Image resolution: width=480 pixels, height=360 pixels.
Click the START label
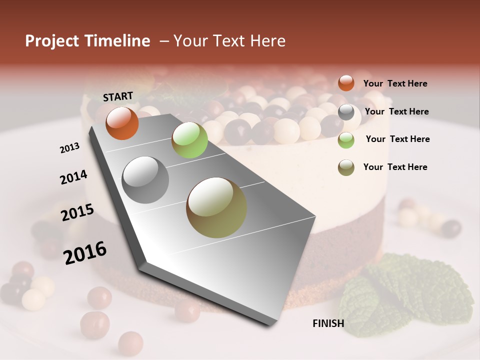[x=118, y=96]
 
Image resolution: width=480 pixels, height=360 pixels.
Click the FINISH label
[x=328, y=323]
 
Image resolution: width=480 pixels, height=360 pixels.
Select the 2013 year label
[x=69, y=147]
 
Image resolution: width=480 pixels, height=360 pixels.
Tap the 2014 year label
[x=73, y=177]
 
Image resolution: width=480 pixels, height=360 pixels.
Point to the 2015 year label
[x=77, y=212]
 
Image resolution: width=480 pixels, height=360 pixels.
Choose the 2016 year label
[x=85, y=252]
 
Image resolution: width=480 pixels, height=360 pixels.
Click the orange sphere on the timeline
[x=122, y=123]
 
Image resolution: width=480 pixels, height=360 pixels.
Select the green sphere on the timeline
[x=189, y=140]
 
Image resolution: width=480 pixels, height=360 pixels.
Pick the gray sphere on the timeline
[x=145, y=180]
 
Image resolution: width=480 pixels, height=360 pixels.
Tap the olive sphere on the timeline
[x=216, y=207]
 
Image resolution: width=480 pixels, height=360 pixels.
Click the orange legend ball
[x=346, y=83]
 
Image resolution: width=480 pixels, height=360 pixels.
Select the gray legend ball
[x=346, y=112]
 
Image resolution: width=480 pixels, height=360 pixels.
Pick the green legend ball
[x=346, y=140]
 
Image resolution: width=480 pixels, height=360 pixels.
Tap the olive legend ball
[x=346, y=167]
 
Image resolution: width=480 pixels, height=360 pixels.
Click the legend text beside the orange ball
[x=395, y=84]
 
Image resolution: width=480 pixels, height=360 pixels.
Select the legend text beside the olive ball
[x=395, y=167]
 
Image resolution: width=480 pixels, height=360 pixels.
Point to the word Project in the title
[x=53, y=41]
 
